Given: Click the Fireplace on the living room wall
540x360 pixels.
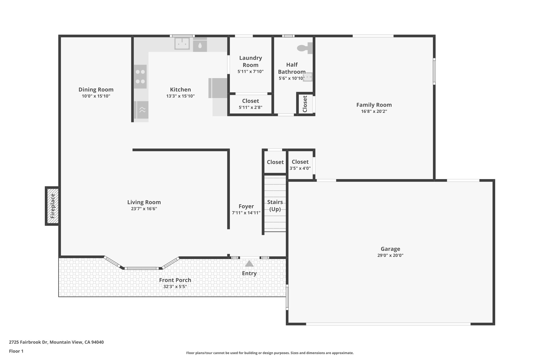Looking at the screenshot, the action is pyautogui.click(x=52, y=206).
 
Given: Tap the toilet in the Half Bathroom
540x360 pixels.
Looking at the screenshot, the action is pyautogui.click(x=305, y=48).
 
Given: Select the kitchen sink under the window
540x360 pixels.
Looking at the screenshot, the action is pyautogui.click(x=182, y=44).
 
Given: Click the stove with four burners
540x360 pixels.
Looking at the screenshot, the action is pyautogui.click(x=140, y=76).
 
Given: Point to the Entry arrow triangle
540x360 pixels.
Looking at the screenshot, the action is pyautogui.click(x=249, y=263).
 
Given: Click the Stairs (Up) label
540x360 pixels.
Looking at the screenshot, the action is pyautogui.click(x=275, y=205).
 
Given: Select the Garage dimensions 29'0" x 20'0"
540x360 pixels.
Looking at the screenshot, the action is pyautogui.click(x=390, y=255).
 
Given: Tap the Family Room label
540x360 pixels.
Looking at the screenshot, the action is pyautogui.click(x=374, y=105).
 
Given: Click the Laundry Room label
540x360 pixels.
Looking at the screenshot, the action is pyautogui.click(x=250, y=61).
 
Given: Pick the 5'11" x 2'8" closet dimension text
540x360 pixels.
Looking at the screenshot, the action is pyautogui.click(x=250, y=107).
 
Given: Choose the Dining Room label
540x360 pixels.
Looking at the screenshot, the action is pyautogui.click(x=96, y=90).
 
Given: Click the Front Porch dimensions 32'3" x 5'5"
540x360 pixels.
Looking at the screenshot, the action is pyautogui.click(x=175, y=286).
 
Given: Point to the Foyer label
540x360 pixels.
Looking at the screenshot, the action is pyautogui.click(x=246, y=206).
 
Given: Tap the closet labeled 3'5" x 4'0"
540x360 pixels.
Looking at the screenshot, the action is pyautogui.click(x=300, y=165).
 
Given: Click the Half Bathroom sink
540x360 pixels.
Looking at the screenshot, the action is pyautogui.click(x=307, y=77).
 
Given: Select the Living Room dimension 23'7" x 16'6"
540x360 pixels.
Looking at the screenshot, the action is pyautogui.click(x=144, y=209).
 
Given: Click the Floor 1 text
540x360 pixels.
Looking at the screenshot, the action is pyautogui.click(x=16, y=351).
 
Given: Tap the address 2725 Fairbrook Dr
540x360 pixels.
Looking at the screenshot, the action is pyautogui.click(x=28, y=342).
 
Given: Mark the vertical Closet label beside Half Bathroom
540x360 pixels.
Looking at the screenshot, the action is pyautogui.click(x=305, y=104).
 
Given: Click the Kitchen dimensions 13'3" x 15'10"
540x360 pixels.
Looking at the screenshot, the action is pyautogui.click(x=180, y=96).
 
